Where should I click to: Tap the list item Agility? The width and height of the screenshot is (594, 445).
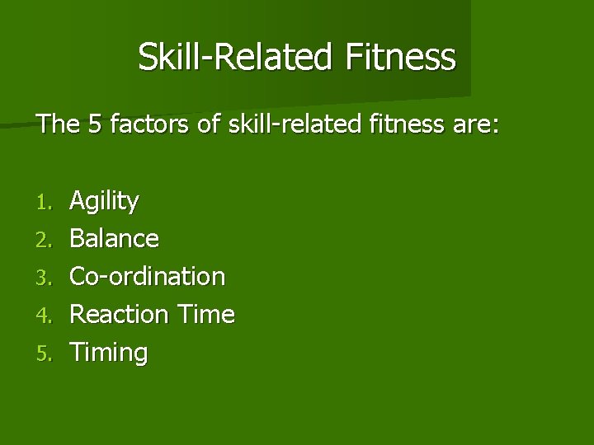105,201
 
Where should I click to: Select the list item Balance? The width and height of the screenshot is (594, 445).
114,239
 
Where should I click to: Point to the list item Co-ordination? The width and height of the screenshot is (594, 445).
147,276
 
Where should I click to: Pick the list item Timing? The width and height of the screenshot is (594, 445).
109,353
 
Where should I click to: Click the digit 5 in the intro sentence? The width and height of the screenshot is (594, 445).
90,125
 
